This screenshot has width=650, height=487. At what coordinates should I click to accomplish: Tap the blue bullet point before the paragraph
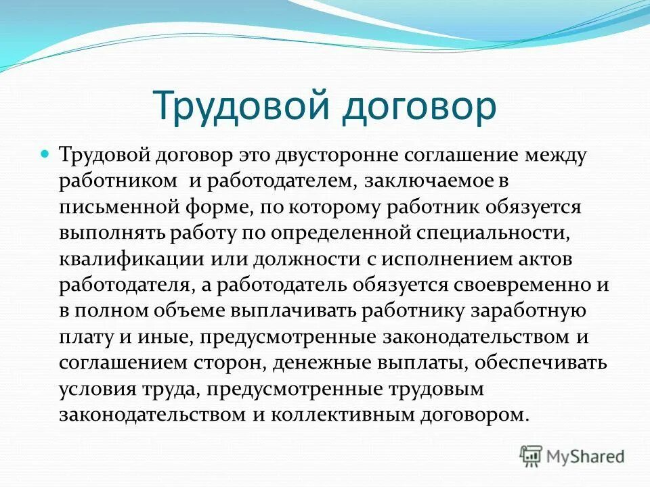[47, 155]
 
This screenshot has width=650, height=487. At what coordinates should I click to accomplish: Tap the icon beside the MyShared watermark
[532, 457]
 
